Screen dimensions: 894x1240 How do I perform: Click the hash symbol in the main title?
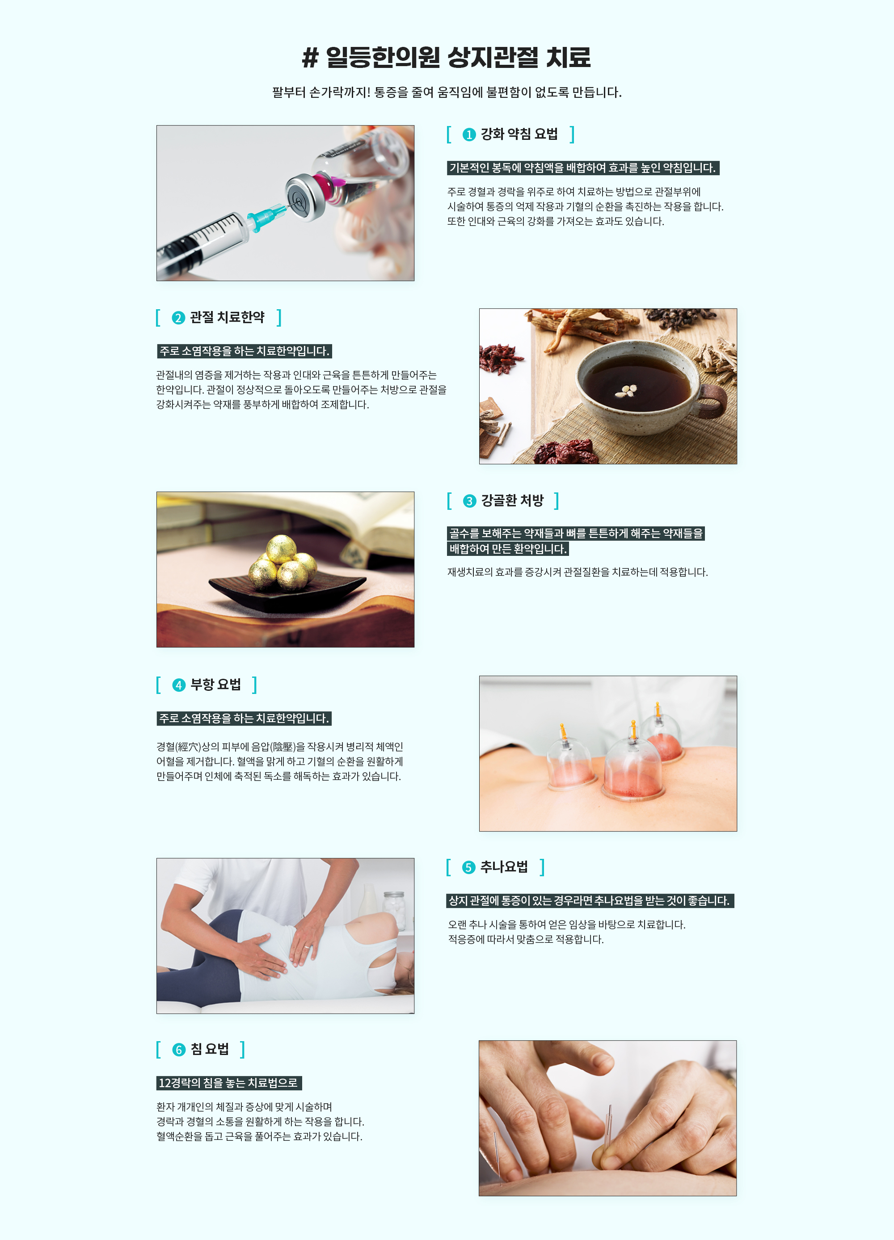(x=310, y=57)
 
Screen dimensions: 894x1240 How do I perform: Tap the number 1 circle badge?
(x=469, y=135)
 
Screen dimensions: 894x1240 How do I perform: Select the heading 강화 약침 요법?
(x=519, y=134)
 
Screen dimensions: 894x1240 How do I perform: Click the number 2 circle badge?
(x=178, y=318)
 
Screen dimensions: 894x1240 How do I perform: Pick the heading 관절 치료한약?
(x=227, y=317)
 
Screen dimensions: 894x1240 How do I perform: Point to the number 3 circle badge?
(x=469, y=501)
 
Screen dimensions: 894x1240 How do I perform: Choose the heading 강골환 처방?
(x=512, y=500)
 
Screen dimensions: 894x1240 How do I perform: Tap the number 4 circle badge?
(x=179, y=685)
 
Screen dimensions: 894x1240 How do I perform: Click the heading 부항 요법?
(x=215, y=685)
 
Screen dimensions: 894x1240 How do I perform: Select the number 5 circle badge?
(x=468, y=868)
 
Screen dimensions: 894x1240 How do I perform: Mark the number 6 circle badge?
(x=179, y=1050)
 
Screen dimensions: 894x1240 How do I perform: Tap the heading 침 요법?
(x=210, y=1049)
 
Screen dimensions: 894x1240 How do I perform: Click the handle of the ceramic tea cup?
(x=713, y=402)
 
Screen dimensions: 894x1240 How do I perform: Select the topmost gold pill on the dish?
(x=282, y=549)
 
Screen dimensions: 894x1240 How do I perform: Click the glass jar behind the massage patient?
(x=394, y=910)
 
